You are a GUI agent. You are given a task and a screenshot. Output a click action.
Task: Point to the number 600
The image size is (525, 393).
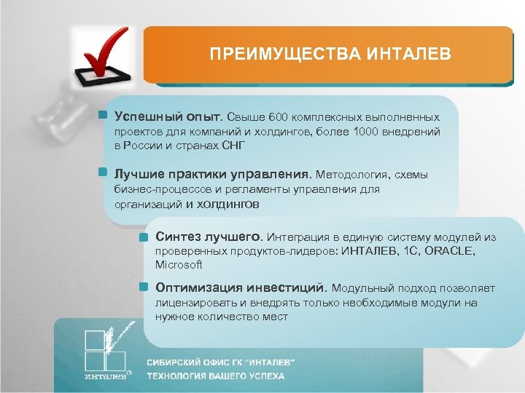click(x=279, y=116)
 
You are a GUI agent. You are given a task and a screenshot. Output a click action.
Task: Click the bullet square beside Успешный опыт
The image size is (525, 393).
click(x=104, y=116)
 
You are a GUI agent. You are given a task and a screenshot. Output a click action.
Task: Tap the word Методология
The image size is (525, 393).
click(x=353, y=175)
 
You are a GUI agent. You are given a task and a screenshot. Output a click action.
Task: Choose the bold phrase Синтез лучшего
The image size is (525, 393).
click(x=209, y=237)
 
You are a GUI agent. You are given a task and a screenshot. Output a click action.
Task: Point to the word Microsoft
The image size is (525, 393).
click(x=179, y=265)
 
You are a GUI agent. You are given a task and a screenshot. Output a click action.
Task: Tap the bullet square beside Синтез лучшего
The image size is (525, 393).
click(x=145, y=237)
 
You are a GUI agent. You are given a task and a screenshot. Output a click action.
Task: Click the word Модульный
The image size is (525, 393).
click(x=364, y=287)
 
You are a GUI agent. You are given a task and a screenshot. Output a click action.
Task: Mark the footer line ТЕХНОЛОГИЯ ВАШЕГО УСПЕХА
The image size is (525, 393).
click(x=216, y=376)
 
